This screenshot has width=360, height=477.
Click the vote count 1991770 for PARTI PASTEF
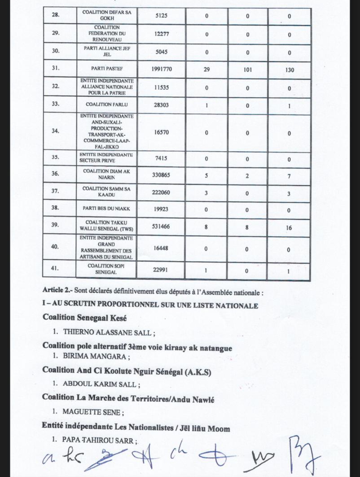[x=161, y=69]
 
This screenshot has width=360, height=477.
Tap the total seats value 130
[x=289, y=70]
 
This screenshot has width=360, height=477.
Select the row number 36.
[x=55, y=173]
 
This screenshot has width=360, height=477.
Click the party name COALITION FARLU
[x=107, y=104]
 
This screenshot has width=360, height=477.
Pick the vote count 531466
[x=161, y=226]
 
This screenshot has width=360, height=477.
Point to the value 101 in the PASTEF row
[x=247, y=70]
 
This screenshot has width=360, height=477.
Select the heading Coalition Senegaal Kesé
[x=85, y=318]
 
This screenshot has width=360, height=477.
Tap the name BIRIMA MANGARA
[x=94, y=356]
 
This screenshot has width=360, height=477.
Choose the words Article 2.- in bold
[x=57, y=290]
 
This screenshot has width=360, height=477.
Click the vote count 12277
[x=161, y=34]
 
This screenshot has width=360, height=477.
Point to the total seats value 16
[x=289, y=228]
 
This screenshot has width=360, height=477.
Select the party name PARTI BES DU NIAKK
[x=106, y=208]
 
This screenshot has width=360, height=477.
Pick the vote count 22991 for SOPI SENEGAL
[x=160, y=270]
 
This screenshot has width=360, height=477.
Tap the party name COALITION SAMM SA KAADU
[x=106, y=191]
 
